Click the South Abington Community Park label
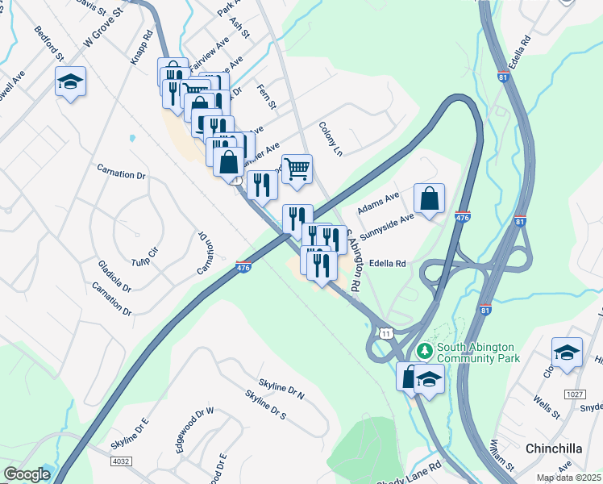point(478,353)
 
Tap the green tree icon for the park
point(424,353)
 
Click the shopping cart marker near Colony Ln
point(297,169)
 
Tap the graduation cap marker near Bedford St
point(70,83)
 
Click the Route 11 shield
point(387,333)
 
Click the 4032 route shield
point(123,459)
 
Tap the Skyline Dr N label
point(281,386)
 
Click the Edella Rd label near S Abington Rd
point(387,263)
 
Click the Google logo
point(27,474)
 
